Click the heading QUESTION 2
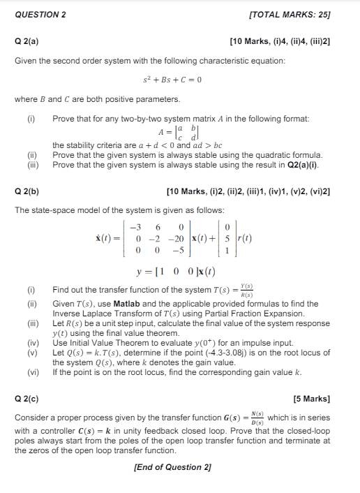click(40, 14)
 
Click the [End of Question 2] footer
click(172, 466)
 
